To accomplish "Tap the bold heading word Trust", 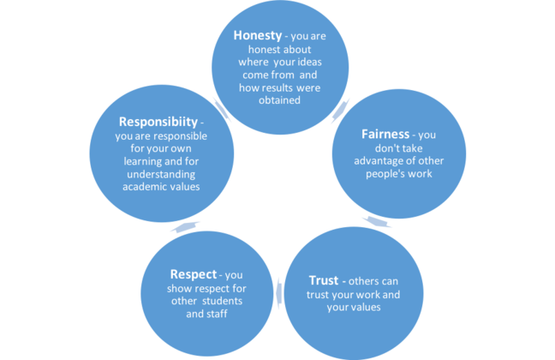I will [x=327, y=280].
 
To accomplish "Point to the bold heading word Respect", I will [x=194, y=274].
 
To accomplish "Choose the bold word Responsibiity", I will [x=148, y=121].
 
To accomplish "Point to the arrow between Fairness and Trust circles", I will [x=375, y=222].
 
